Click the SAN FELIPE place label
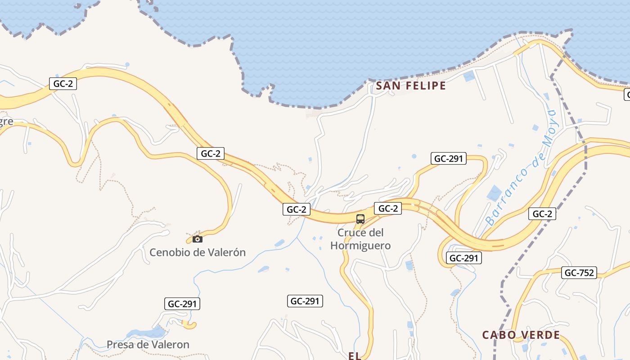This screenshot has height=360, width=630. pyautogui.click(x=410, y=86)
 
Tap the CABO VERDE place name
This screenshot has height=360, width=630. pyautogui.click(x=521, y=335)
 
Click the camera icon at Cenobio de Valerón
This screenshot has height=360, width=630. pyautogui.click(x=197, y=239)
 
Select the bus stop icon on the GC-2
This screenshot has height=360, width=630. pyautogui.click(x=360, y=219)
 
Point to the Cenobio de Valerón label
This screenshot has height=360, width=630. pyautogui.click(x=198, y=252)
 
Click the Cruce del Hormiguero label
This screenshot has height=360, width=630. pyautogui.click(x=360, y=239)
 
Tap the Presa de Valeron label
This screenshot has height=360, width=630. pyautogui.click(x=148, y=345)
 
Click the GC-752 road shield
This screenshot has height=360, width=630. pyautogui.click(x=579, y=273)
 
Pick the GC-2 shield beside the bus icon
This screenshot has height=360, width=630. pyautogui.click(x=388, y=208)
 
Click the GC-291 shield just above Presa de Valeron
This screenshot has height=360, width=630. pyautogui.click(x=182, y=304)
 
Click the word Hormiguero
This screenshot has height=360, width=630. pyautogui.click(x=360, y=246)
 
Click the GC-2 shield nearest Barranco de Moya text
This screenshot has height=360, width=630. pyautogui.click(x=542, y=214)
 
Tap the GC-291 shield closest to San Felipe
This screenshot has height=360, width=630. pyautogui.click(x=448, y=158)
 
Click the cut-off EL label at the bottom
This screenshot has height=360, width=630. pyautogui.click(x=355, y=356)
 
